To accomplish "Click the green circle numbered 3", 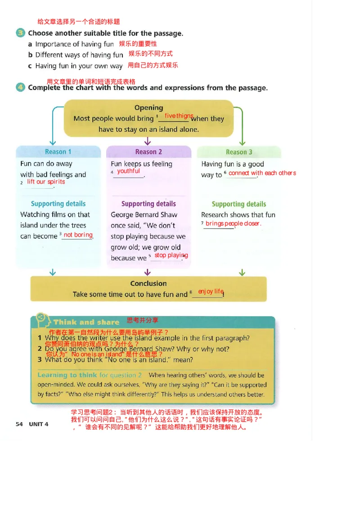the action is [20, 33].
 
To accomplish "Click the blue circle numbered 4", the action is [20, 87].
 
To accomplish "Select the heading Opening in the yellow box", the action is [148, 108].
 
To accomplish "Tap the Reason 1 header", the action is [58, 152].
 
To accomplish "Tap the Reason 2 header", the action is [148, 152].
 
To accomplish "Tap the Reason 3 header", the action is [239, 152].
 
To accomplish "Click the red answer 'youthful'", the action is [128, 171].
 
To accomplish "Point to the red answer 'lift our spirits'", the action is [46, 182].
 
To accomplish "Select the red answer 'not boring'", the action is [78, 235].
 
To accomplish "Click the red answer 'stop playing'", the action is [171, 255].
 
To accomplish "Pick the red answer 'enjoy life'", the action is [211, 291].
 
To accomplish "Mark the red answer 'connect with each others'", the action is [262, 173].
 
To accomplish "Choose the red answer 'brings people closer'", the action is [233, 223].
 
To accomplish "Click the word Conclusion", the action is [148, 284].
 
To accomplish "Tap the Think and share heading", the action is [86, 322].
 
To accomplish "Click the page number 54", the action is [19, 424].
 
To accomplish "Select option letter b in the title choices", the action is [30, 55].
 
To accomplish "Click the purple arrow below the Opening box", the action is [148, 141].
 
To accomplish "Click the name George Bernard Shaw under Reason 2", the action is [144, 215].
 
